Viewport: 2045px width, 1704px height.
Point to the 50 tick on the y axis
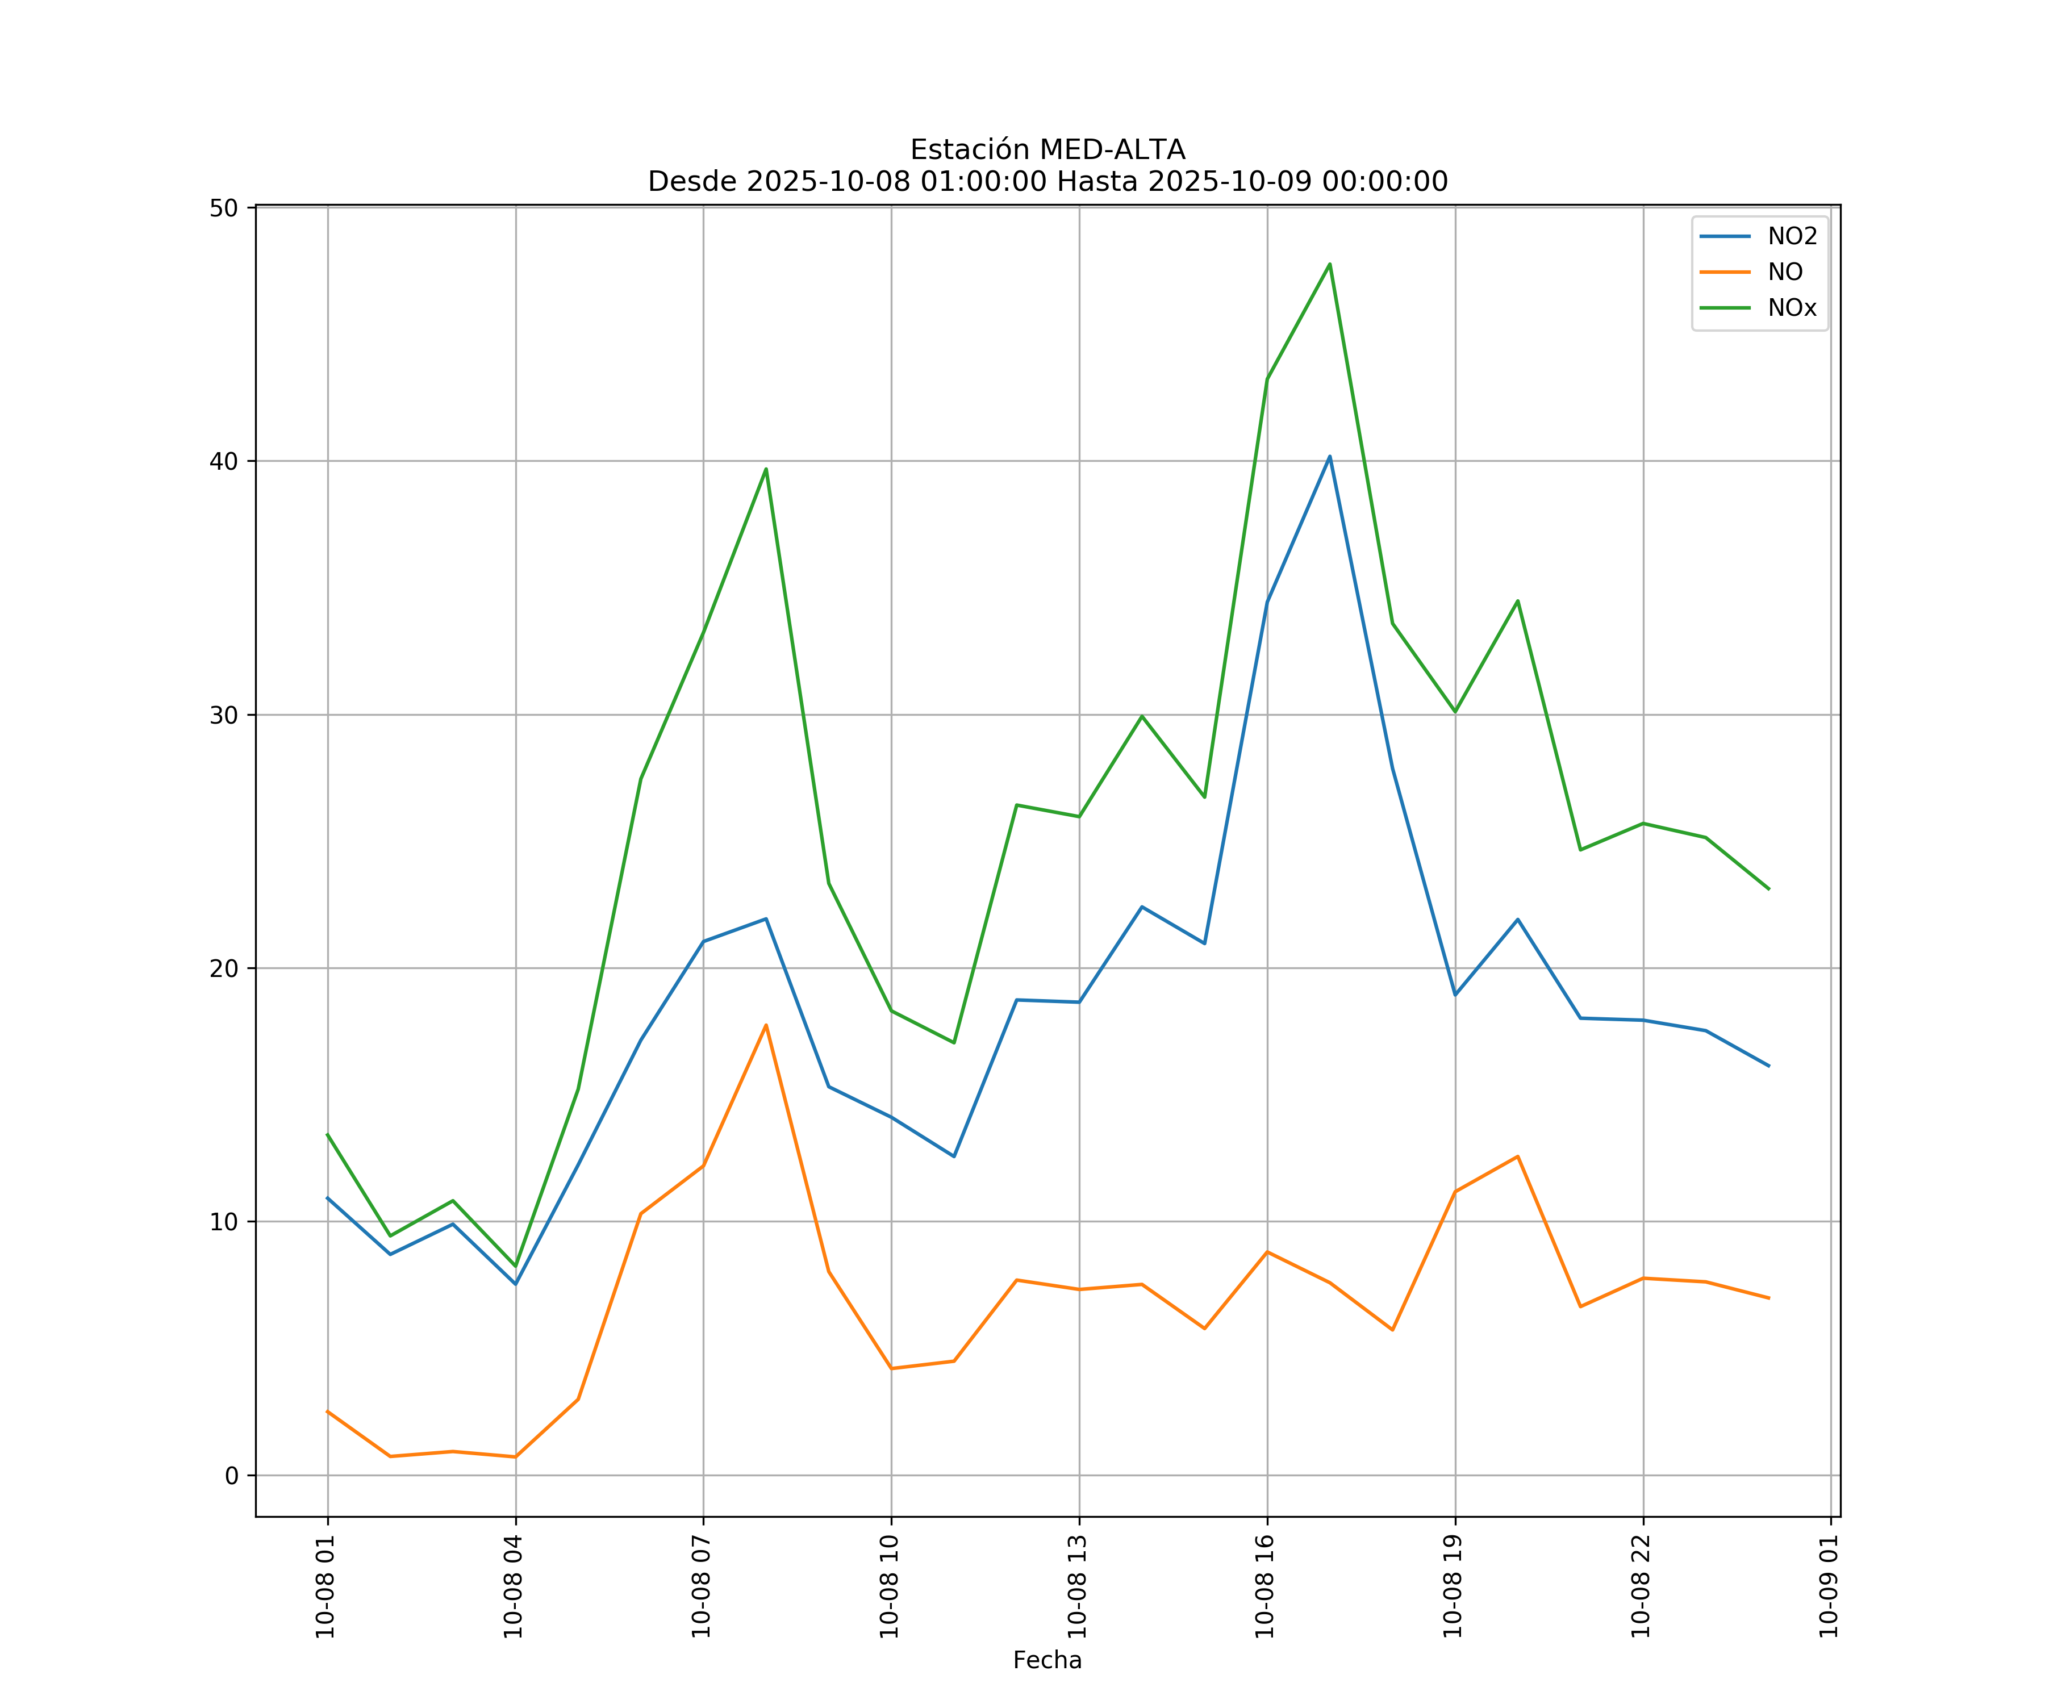point(225,208)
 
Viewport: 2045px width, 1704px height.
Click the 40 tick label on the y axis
point(225,462)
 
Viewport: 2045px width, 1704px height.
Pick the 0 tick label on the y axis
point(232,1476)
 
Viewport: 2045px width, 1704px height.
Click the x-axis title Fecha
point(1047,1660)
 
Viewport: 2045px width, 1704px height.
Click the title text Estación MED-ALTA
point(1047,150)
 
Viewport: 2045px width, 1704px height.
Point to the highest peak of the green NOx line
point(1329,264)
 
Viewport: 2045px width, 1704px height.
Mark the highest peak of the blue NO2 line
point(1329,457)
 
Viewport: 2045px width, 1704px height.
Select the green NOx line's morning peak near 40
point(766,469)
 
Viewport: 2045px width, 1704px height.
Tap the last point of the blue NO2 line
point(1768,1066)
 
